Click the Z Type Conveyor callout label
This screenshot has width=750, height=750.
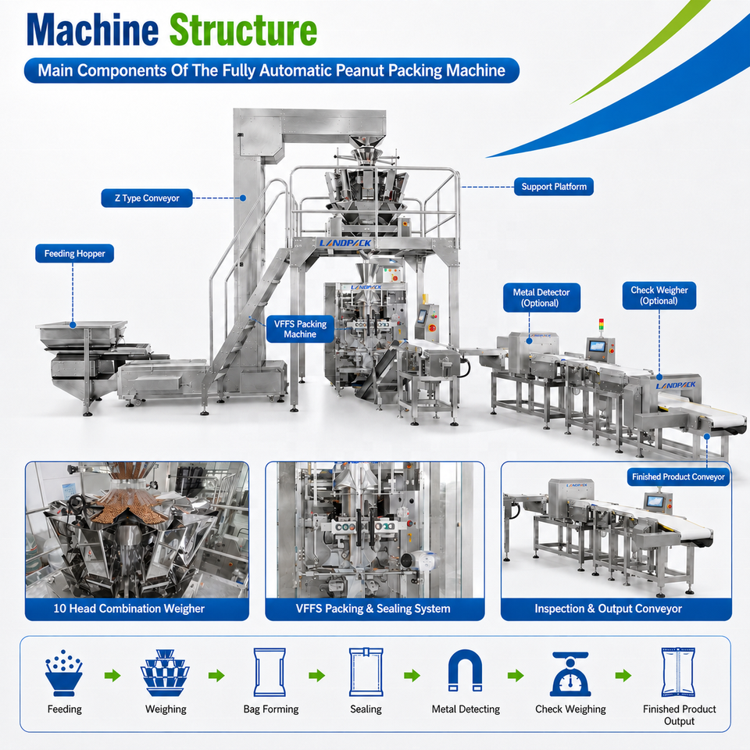[x=147, y=198]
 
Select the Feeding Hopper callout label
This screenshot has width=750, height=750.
[x=75, y=253]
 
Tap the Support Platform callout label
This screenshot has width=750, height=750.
[x=554, y=187]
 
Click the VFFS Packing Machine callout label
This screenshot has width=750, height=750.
[x=300, y=329]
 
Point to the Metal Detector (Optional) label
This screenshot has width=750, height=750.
[x=541, y=298]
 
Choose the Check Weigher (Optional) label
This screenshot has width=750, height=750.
[x=659, y=295]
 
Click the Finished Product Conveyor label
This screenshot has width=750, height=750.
[x=678, y=477]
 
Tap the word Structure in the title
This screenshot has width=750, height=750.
[x=243, y=30]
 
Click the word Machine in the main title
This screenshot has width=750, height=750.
[x=92, y=30]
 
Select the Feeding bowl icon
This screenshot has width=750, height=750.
[x=64, y=673]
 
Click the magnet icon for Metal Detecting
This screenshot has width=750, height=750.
[x=465, y=670]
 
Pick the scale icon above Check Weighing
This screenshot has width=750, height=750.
[x=570, y=674]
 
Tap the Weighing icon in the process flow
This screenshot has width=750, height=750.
[x=165, y=673]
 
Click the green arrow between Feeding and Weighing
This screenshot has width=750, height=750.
[x=112, y=676]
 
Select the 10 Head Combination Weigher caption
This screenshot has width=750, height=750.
[x=129, y=609]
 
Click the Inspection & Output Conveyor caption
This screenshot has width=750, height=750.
[x=608, y=609]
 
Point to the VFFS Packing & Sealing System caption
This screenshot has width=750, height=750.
[x=373, y=609]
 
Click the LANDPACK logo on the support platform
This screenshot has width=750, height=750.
[x=345, y=243]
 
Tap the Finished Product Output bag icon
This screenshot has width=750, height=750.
[x=678, y=673]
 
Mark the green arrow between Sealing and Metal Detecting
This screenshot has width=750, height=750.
[x=412, y=676]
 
